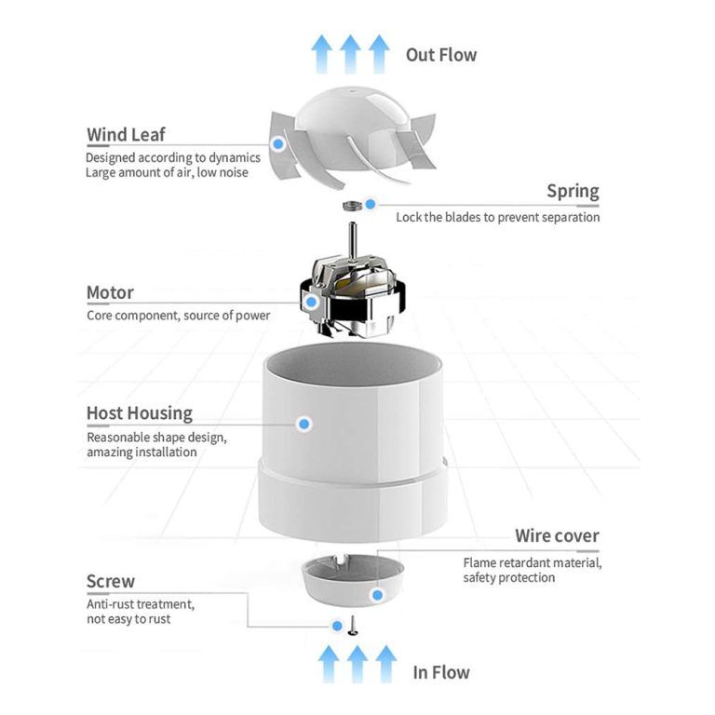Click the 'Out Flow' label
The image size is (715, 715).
pyautogui.click(x=440, y=55)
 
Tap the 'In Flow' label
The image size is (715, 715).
pyautogui.click(x=440, y=672)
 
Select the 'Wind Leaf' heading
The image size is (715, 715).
pyautogui.click(x=126, y=135)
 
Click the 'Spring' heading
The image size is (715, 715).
pyautogui.click(x=573, y=193)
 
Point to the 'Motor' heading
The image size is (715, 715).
pyautogui.click(x=110, y=292)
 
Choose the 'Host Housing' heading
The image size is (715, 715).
pyautogui.click(x=140, y=413)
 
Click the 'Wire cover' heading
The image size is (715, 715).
pyautogui.click(x=557, y=536)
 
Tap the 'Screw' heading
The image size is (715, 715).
pyautogui.click(x=110, y=582)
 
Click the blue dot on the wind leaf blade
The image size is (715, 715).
pyautogui.click(x=277, y=143)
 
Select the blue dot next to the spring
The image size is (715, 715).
pyautogui.click(x=371, y=204)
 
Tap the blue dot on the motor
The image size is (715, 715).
pyautogui.click(x=311, y=302)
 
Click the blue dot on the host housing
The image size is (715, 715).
pyautogui.click(x=304, y=424)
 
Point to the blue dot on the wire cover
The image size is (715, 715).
pyautogui.click(x=377, y=594)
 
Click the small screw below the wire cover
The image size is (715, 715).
pyautogui.click(x=354, y=629)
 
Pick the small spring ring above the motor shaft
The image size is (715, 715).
pyautogui.click(x=352, y=204)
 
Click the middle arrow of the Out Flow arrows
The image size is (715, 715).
pyautogui.click(x=350, y=54)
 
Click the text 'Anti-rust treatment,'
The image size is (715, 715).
pyautogui.click(x=140, y=604)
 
